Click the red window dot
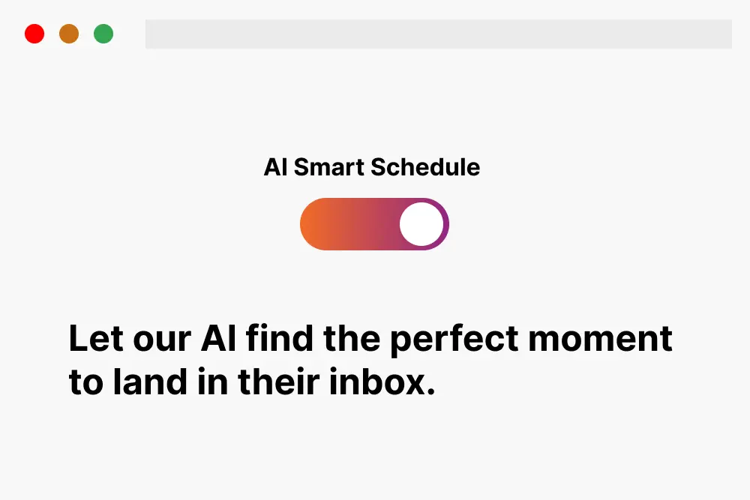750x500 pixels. (34, 34)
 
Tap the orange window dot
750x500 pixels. (69, 34)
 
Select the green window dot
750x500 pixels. (103, 34)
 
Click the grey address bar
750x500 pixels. (438, 34)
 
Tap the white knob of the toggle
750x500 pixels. (421, 224)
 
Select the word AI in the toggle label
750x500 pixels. (275, 167)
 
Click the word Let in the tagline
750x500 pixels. (94, 340)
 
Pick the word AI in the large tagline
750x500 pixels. (219, 340)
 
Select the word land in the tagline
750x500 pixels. (151, 383)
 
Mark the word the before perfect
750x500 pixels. (352, 340)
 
